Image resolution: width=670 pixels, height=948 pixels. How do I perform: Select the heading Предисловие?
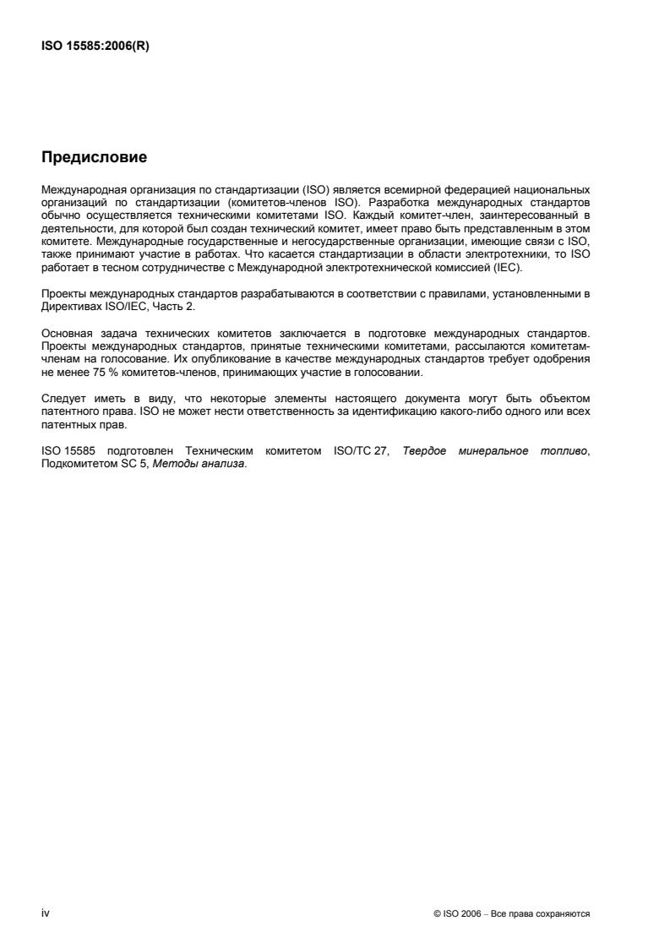(94, 157)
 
